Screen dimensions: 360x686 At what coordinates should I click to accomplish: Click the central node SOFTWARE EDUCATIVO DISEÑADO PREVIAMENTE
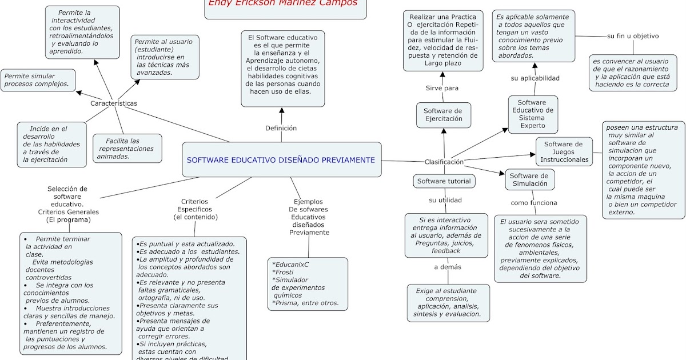click(x=281, y=160)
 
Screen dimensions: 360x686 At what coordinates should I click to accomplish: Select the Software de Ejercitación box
click(x=443, y=115)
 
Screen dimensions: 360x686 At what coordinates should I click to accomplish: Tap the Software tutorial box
click(x=444, y=181)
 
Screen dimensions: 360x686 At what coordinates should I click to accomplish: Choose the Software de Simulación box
click(x=529, y=180)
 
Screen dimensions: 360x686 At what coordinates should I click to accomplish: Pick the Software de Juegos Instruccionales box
click(x=564, y=152)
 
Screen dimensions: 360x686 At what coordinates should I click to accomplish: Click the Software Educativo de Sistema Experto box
click(x=533, y=114)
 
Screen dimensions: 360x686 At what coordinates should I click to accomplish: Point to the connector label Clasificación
click(x=444, y=162)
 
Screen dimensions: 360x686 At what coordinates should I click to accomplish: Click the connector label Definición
click(x=281, y=128)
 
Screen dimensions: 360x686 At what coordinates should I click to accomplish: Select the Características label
click(x=114, y=103)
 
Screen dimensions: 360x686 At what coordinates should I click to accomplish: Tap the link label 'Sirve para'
click(x=442, y=88)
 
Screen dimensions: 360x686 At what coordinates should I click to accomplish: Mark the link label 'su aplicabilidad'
click(x=535, y=78)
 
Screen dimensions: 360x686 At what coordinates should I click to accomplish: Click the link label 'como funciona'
click(x=534, y=202)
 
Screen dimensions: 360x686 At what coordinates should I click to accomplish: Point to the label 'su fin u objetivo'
click(x=633, y=36)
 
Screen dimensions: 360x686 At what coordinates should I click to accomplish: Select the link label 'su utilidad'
click(x=445, y=200)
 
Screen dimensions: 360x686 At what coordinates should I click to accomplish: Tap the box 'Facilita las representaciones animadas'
click(x=127, y=149)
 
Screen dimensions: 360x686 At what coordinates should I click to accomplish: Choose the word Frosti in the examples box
click(x=284, y=272)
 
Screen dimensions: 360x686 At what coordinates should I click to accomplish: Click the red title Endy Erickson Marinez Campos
click(x=282, y=3)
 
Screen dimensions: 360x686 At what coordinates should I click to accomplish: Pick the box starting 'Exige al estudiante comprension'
click(x=449, y=302)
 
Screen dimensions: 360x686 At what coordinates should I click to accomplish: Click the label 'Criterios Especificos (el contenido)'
click(x=195, y=209)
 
